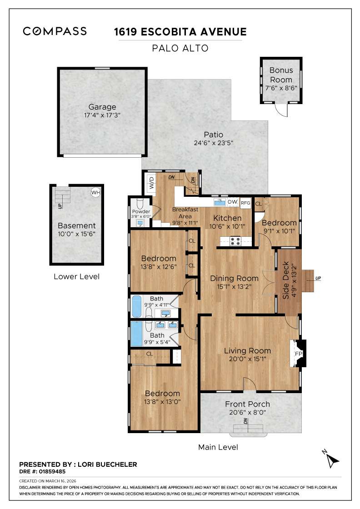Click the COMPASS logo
(55, 31)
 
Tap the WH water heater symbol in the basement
(95, 193)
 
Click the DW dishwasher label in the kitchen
(232, 202)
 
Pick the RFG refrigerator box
(245, 203)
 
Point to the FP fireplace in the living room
(299, 354)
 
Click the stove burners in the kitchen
(236, 241)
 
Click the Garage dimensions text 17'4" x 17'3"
(102, 116)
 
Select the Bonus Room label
(281, 75)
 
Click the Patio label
(213, 135)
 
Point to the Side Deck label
(286, 286)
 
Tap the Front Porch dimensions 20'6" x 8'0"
(247, 413)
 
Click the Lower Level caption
(76, 276)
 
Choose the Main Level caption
(218, 447)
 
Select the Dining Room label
(234, 278)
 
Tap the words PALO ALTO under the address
(180, 48)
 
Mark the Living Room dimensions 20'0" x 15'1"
(247, 359)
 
